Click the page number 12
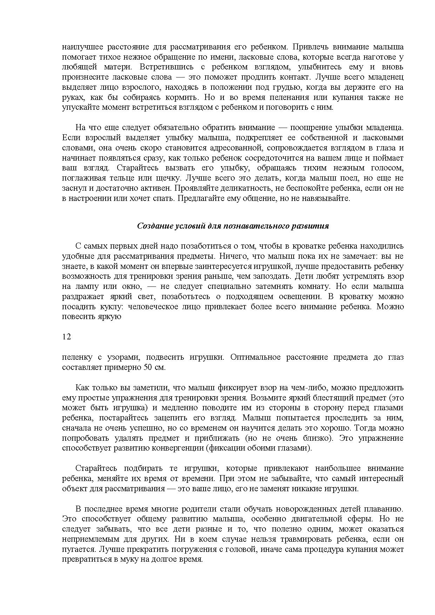coord(67,337)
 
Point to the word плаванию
coord(385,509)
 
